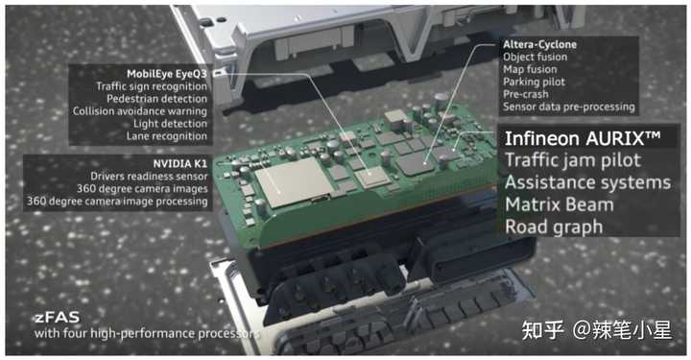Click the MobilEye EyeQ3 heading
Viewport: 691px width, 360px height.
tap(167, 74)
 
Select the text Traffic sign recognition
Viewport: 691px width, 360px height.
tap(152, 86)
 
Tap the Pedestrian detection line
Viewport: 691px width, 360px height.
tap(156, 99)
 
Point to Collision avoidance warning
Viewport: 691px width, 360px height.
tap(140, 111)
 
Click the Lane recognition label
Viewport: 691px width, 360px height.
tap(167, 136)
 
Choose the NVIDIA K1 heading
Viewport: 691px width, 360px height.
tap(179, 163)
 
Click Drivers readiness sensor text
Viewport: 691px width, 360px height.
tap(149, 177)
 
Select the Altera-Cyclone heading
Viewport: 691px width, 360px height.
tap(539, 44)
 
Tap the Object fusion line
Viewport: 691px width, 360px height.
tap(535, 57)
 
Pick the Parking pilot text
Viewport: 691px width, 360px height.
tap(535, 82)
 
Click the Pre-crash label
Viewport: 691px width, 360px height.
tap(526, 94)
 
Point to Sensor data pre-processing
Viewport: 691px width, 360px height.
tap(569, 107)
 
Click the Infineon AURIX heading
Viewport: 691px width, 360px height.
tap(583, 138)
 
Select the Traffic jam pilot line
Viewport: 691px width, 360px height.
tap(573, 160)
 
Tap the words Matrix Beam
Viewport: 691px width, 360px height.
tap(560, 204)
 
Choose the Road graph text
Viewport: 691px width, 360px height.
tap(554, 228)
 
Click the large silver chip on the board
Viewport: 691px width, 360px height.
tap(294, 181)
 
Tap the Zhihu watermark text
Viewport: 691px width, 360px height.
tap(597, 330)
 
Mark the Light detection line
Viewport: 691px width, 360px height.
tap(170, 124)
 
